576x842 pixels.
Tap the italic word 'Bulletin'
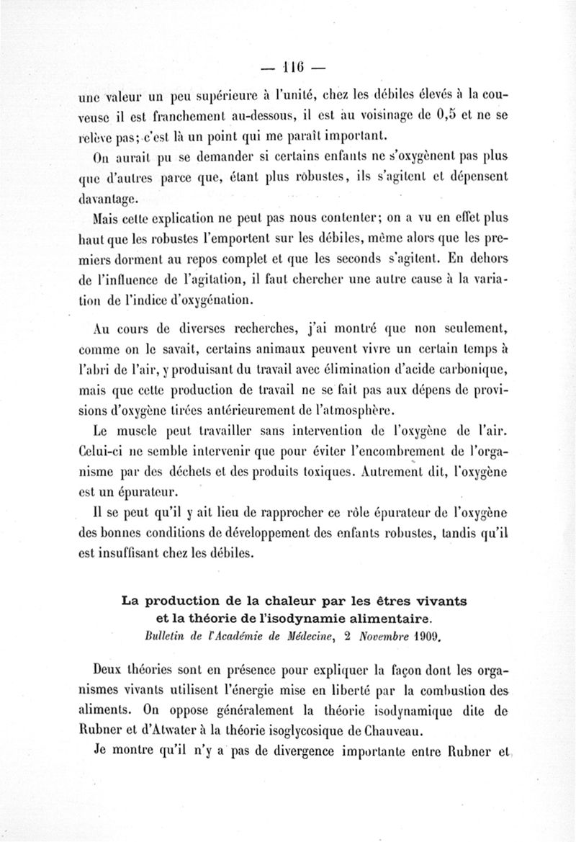point(165,635)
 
